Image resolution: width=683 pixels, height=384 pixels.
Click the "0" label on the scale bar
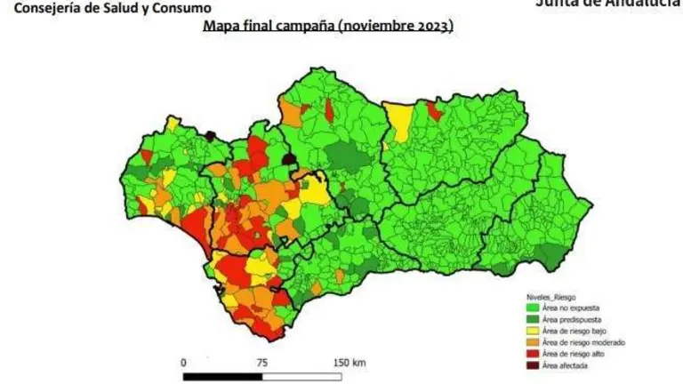pos(183,363)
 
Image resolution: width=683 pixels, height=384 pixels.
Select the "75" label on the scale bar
pos(261,363)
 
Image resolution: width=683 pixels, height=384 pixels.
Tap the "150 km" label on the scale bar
pos(347,363)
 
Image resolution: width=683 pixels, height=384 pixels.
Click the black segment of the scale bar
pos(222,377)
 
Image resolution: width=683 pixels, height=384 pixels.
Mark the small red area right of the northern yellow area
pos(434,110)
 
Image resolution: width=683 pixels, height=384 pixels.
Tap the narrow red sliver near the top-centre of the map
pos(329,109)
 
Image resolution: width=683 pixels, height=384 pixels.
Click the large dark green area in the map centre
pos(346,160)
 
